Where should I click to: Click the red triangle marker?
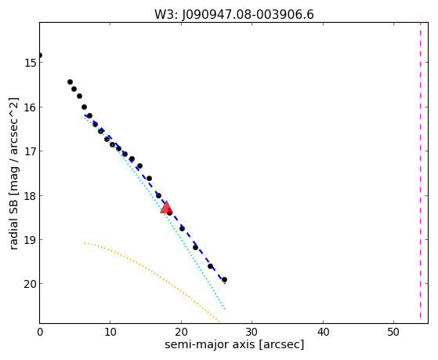point(166,207)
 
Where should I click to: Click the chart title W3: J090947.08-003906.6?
point(234,15)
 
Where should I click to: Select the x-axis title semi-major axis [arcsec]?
point(234,344)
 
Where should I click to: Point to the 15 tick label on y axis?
point(30,63)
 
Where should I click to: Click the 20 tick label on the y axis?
point(30,284)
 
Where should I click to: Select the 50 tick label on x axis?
point(393,332)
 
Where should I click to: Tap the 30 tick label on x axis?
point(252,332)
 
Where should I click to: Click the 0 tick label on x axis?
point(40,332)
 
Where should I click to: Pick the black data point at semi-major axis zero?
point(40,55)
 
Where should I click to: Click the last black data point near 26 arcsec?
point(224,280)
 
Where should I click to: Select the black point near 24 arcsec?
point(210,267)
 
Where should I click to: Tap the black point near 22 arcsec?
point(196,248)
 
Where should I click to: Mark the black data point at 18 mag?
point(158,195)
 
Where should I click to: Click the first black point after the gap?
point(70,82)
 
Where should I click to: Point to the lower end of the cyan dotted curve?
point(225,309)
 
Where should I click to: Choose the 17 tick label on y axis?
point(30,151)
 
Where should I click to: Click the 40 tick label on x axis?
point(323,332)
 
